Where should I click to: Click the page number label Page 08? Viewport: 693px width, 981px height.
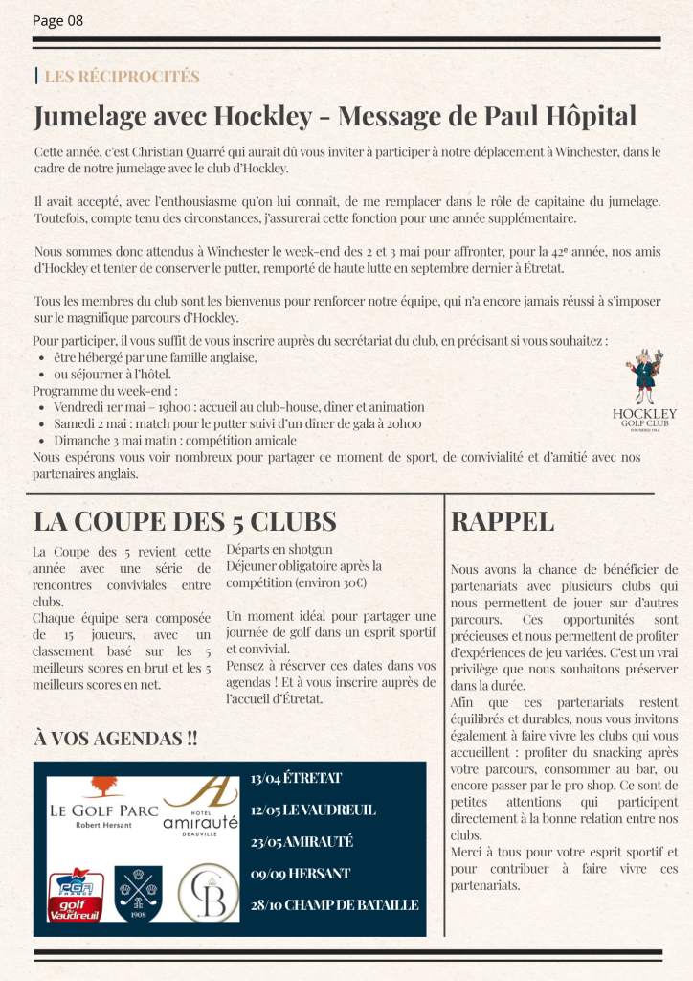(x=57, y=20)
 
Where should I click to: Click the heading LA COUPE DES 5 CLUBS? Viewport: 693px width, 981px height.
(x=185, y=521)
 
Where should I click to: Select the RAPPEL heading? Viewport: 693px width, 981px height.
(x=502, y=521)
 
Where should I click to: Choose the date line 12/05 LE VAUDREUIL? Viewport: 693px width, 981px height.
(x=313, y=810)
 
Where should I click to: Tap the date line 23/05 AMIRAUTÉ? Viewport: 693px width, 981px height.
(x=302, y=841)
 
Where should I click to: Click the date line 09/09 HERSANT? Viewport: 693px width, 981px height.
(x=300, y=873)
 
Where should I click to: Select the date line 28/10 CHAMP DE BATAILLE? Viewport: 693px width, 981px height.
(x=334, y=904)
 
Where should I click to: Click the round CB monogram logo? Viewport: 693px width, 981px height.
(x=209, y=891)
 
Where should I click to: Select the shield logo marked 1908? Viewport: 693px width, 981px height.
(x=140, y=892)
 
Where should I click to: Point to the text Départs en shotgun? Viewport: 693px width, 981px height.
(x=279, y=549)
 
